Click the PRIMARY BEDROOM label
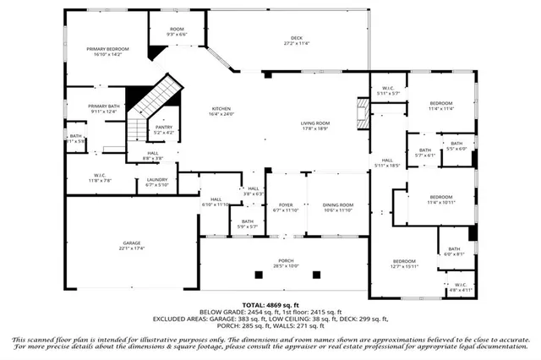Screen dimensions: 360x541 pyautogui.click(x=107, y=50)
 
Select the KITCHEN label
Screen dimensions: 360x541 pyautogui.click(x=221, y=110)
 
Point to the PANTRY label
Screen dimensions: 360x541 pyautogui.click(x=164, y=128)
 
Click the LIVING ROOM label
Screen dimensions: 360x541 pyautogui.click(x=315, y=123)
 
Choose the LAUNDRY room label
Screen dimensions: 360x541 pyautogui.click(x=156, y=179)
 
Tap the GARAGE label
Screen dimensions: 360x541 pyautogui.click(x=130, y=243)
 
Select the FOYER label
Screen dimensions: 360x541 pyautogui.click(x=286, y=205)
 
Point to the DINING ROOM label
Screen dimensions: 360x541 pyautogui.click(x=338, y=205)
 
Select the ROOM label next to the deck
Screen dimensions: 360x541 pyautogui.click(x=177, y=30)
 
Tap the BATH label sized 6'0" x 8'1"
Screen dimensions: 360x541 pyautogui.click(x=454, y=249)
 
